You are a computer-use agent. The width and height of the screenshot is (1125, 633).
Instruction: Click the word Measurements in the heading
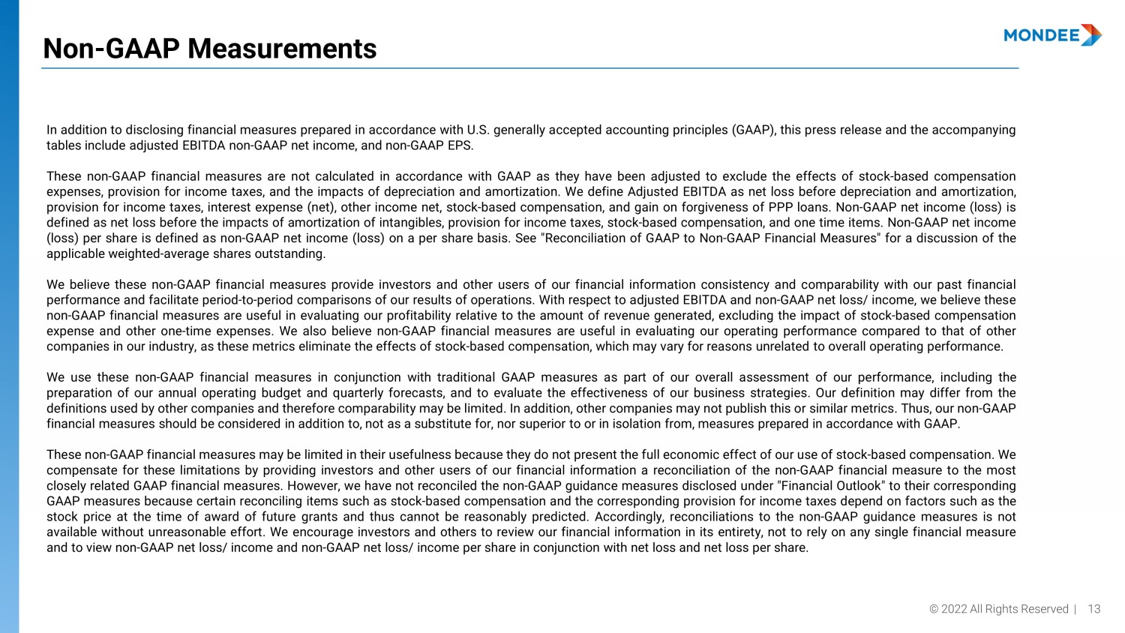282,49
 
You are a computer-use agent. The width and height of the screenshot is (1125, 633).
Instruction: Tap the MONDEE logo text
1041,35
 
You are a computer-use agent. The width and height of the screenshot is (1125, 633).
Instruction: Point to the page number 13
1094,609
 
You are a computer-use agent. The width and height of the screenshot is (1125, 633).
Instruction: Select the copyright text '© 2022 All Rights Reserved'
998,609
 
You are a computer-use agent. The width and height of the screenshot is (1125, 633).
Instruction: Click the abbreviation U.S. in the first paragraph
478,130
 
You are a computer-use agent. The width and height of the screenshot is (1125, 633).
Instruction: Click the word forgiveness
718,207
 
